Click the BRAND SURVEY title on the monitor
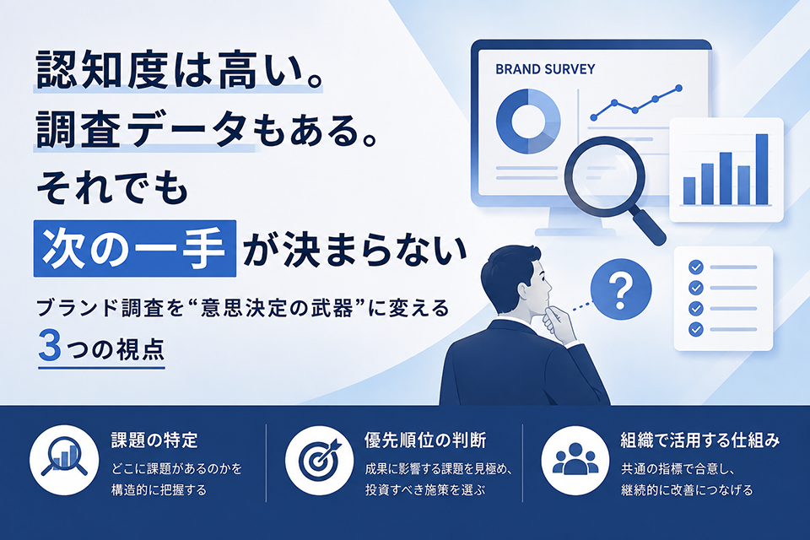pyautogui.click(x=545, y=69)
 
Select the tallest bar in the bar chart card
pyautogui.click(x=762, y=169)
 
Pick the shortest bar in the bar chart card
pyautogui.click(x=689, y=191)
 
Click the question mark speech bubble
pyautogui.click(x=621, y=289)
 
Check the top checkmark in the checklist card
pyautogui.click(x=696, y=267)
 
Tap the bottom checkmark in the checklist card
pyautogui.click(x=696, y=329)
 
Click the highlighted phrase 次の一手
pyautogui.click(x=135, y=249)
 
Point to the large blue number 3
pyautogui.click(x=50, y=345)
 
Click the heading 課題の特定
pyautogui.click(x=154, y=440)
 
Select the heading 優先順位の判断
pyautogui.click(x=425, y=440)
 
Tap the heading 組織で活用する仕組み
pyautogui.click(x=700, y=440)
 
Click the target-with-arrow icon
pyautogui.click(x=320, y=459)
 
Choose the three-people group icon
pyautogui.click(x=575, y=459)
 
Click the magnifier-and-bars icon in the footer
pyautogui.click(x=64, y=459)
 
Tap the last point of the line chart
pyautogui.click(x=678, y=89)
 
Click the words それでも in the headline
pyautogui.click(x=111, y=186)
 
